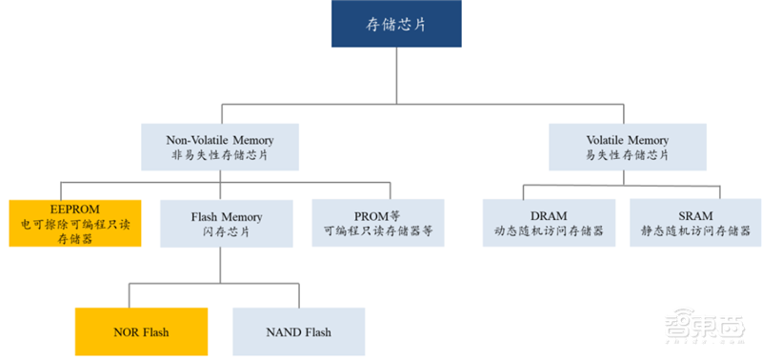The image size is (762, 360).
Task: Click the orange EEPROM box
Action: tap(75, 223)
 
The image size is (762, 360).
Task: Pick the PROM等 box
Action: tap(378, 223)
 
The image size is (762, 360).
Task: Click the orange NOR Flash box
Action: tap(140, 331)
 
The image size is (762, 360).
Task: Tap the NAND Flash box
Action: tap(298, 331)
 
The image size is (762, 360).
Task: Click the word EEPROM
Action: tap(74, 207)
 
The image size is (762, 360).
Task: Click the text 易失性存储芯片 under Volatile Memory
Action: tap(622, 155)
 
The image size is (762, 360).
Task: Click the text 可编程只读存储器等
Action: tap(378, 231)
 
